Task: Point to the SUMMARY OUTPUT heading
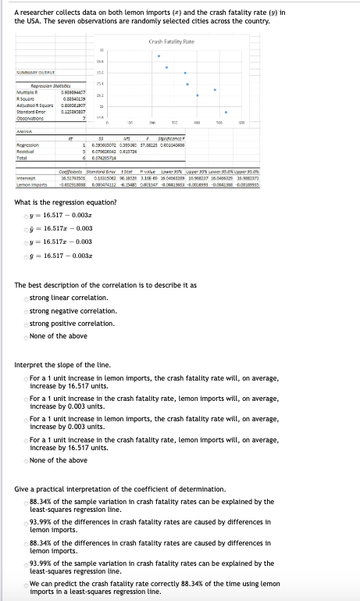point(31,73)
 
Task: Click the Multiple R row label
point(28,91)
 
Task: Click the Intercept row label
point(26,177)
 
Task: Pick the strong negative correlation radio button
point(25,310)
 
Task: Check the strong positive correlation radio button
point(25,323)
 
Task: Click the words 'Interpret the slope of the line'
point(62,365)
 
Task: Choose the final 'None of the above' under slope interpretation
point(25,460)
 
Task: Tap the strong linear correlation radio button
point(25,298)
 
